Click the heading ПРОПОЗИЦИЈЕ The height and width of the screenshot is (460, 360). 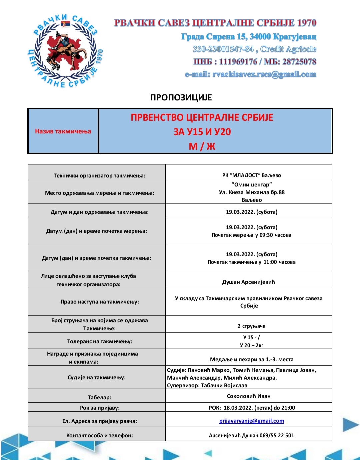click(181, 97)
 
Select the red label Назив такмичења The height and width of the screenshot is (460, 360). click(63, 131)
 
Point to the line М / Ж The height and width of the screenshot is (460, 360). click(202, 146)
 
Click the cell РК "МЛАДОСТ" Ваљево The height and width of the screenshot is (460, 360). click(252, 175)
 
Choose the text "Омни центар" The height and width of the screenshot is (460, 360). click(252, 184)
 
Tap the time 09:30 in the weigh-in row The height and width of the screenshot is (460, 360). click(266, 235)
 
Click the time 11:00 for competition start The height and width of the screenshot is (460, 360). click(270, 262)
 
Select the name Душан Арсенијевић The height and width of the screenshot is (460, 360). click(249, 282)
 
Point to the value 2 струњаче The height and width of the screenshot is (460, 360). click(252, 326)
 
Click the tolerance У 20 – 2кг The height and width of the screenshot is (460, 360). click(252, 345)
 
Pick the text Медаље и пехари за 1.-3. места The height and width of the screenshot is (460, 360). click(252, 359)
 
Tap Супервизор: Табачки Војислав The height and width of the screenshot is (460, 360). click(207, 385)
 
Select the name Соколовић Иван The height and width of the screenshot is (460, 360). click(249, 396)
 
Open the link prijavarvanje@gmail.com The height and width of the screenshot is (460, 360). click(252, 421)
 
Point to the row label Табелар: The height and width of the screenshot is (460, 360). click(100, 397)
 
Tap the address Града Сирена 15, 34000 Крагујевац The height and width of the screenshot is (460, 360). click(249, 36)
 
